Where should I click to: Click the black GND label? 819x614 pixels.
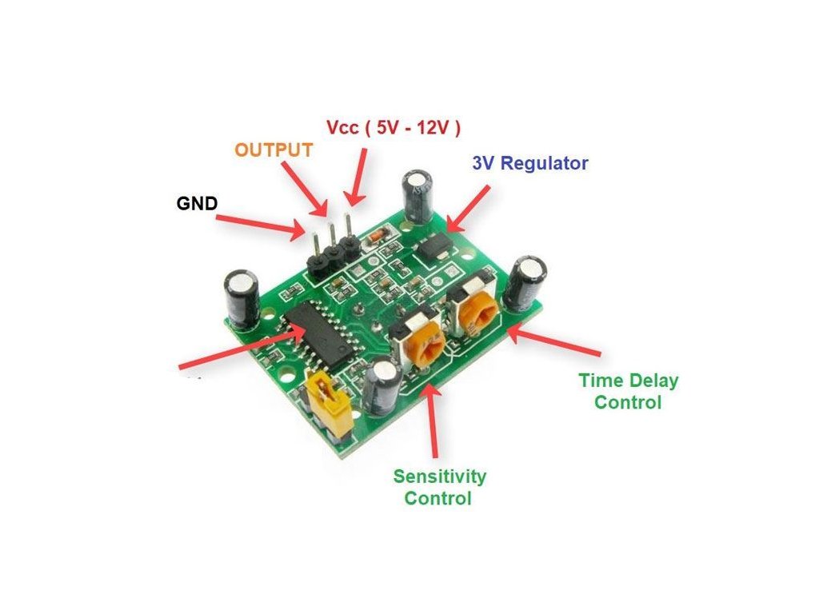197,203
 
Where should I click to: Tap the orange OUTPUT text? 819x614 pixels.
274,150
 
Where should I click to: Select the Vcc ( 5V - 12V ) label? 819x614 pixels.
394,127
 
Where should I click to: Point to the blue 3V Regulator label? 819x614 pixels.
530,163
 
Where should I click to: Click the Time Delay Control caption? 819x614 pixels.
628,391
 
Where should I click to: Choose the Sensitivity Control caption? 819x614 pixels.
439,487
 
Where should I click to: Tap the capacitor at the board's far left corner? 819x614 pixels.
242,297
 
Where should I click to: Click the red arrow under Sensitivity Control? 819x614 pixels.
433,424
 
